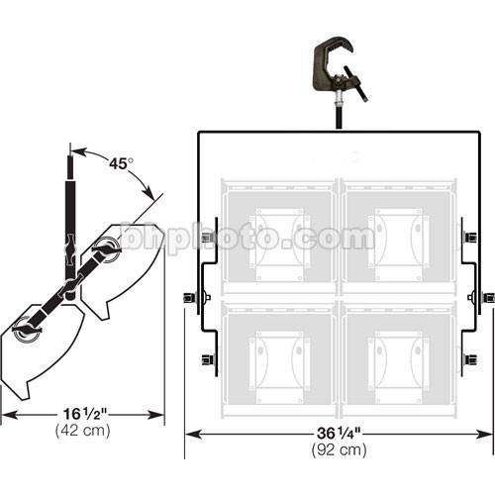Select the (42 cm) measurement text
(81, 431)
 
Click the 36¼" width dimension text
(339, 433)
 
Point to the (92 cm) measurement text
(339, 449)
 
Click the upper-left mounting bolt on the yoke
(207, 238)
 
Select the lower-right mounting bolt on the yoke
(469, 358)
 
